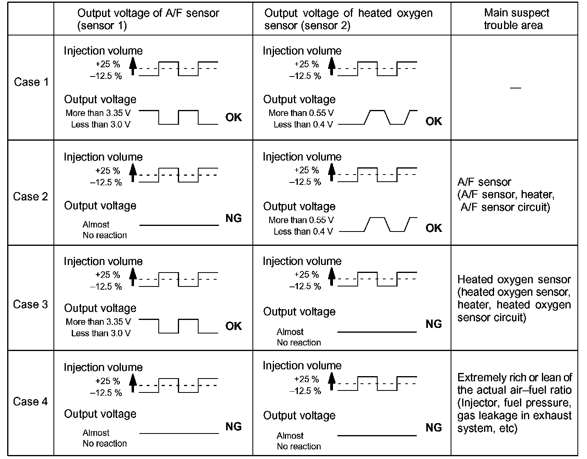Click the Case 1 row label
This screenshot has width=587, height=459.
[31, 82]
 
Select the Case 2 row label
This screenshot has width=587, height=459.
[31, 196]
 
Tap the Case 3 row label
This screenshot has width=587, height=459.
[31, 304]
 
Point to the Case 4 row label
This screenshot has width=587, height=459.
[31, 401]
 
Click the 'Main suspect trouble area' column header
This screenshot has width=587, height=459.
[514, 19]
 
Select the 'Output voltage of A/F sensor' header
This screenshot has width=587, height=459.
[148, 19]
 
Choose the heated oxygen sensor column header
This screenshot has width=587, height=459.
[348, 19]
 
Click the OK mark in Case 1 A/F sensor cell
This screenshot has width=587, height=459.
[234, 118]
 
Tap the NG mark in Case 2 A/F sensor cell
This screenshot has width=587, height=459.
[234, 218]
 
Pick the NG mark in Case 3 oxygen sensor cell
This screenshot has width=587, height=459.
[434, 324]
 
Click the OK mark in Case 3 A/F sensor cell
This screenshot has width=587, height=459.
[234, 326]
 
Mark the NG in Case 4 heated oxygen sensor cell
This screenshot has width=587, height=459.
[434, 428]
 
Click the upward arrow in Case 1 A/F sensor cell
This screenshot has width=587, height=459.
[133, 66]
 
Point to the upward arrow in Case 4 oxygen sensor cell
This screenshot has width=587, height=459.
[331, 381]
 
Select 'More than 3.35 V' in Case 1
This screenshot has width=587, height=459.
[98, 113]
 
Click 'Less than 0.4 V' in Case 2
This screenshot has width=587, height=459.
[303, 231]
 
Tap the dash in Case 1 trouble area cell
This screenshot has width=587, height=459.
[516, 87]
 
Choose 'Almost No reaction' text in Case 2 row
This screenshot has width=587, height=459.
[104, 230]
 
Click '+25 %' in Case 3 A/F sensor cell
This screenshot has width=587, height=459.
[108, 275]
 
